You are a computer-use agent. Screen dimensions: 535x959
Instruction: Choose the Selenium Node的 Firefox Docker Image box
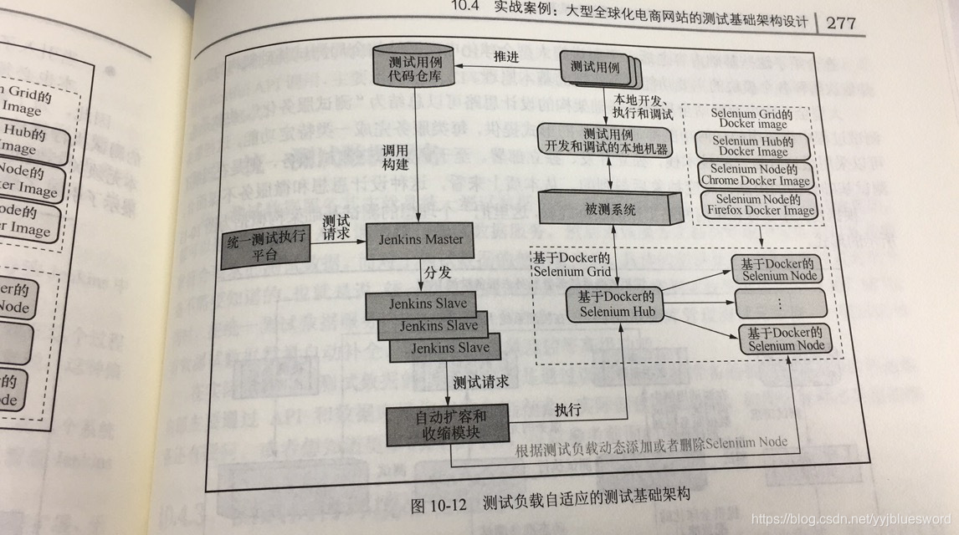coord(758,205)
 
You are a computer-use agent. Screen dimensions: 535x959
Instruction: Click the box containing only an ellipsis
coord(779,302)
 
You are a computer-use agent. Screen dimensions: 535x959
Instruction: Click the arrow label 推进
coord(507,58)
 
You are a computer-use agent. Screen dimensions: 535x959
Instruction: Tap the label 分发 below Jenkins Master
coord(442,273)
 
